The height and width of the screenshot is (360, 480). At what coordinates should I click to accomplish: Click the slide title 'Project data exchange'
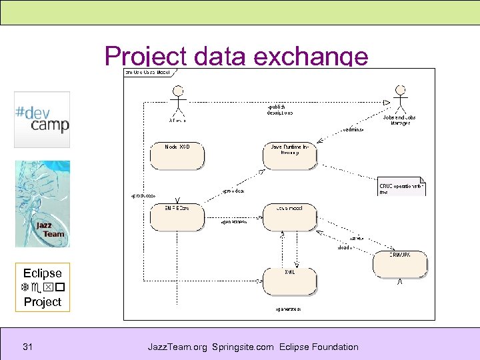[x=236, y=56]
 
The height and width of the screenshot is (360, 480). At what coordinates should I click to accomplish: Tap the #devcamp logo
[x=42, y=119]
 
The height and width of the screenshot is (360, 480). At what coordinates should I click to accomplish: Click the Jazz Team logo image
[x=42, y=203]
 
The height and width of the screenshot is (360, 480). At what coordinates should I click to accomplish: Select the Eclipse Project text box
[x=42, y=287]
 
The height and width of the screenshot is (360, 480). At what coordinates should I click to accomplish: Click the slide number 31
[x=28, y=347]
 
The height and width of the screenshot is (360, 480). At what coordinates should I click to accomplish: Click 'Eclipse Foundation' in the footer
[x=319, y=347]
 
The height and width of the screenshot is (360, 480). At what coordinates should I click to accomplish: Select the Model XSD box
[x=177, y=155]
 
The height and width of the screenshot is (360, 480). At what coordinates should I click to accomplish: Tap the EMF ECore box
[x=177, y=217]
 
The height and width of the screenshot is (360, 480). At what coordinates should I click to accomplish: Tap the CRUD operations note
[x=401, y=186]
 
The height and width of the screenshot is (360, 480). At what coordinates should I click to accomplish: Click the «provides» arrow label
[x=233, y=191]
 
